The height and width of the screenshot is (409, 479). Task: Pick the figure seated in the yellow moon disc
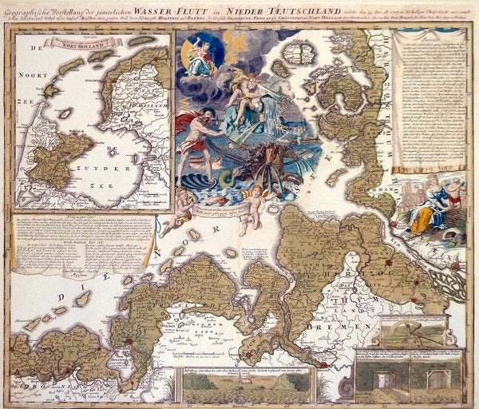pos(202,57)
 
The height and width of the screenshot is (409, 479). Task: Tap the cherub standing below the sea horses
pos(254,205)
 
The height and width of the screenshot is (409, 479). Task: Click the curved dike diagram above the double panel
pos(411,328)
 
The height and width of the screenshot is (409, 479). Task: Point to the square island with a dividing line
pos(299,53)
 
